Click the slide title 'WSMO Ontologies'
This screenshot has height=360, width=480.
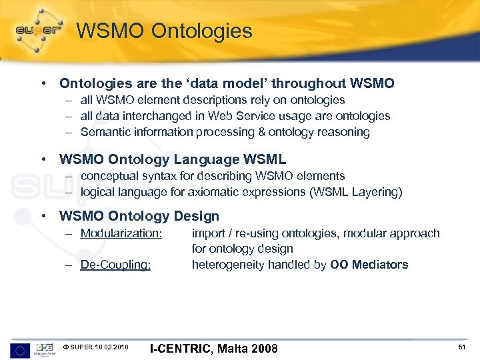[164, 31]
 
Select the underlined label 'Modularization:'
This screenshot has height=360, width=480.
[121, 233]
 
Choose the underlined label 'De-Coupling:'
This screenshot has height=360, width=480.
[115, 265]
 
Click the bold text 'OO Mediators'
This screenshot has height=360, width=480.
[369, 265]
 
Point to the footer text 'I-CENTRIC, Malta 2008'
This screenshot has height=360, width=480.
[213, 349]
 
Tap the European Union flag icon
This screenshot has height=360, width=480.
[20, 350]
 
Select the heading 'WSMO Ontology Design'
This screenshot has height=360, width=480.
[139, 216]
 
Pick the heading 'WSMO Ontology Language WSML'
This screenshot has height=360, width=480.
[172, 159]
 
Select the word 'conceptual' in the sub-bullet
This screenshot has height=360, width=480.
[109, 176]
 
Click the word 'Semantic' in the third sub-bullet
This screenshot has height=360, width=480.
[103, 132]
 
